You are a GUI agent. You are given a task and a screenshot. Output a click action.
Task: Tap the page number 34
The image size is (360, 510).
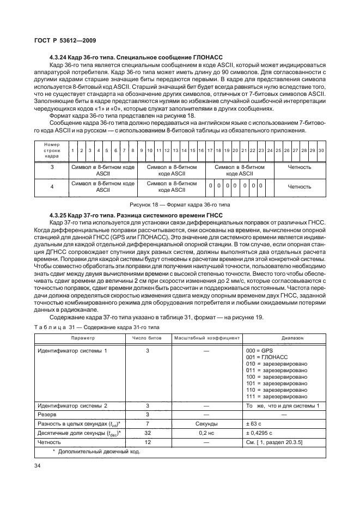tap(37, 465)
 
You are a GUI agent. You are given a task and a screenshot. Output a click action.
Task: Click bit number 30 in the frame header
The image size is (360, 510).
tap(321, 150)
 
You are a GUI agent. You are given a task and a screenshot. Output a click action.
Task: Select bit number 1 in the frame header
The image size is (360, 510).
tap(73, 150)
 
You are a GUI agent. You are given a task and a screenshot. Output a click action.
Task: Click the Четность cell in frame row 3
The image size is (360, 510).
tap(300, 167)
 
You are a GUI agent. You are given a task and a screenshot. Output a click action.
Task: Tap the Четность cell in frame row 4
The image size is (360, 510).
tap(300, 186)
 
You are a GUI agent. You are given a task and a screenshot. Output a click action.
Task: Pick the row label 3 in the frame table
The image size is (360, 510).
tap(52, 167)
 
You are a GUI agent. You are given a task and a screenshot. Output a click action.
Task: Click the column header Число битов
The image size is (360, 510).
tap(148, 338)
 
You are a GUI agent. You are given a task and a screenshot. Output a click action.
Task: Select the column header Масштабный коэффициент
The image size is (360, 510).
tap(206, 338)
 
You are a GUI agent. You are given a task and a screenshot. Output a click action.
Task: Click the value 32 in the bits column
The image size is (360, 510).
tap(148, 432)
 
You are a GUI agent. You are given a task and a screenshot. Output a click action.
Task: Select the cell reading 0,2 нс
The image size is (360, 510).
tap(206, 432)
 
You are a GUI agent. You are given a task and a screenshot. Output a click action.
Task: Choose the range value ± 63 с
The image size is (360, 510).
tap(254, 423)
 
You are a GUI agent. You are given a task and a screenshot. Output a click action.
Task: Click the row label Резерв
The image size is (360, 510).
tap(47, 414)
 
